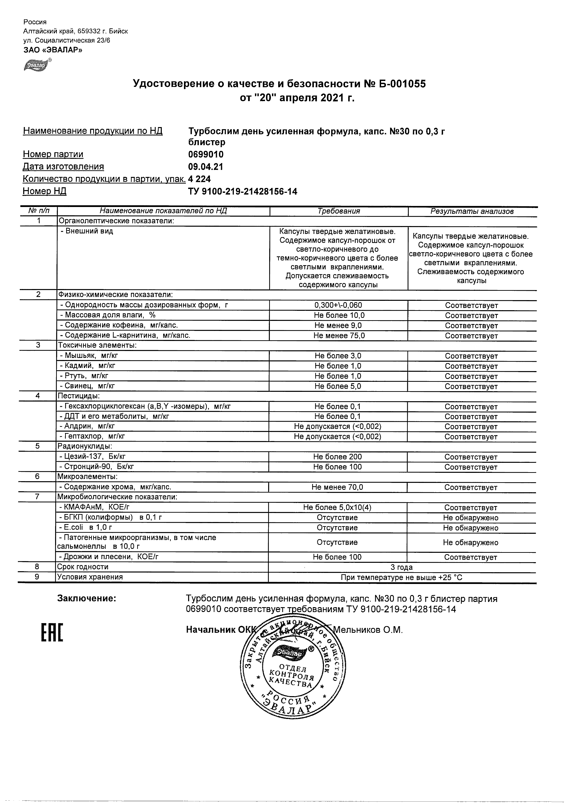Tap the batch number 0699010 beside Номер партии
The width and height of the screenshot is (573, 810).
click(x=206, y=154)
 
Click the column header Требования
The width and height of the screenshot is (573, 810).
click(x=338, y=211)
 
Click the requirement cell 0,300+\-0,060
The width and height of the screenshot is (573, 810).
click(x=338, y=305)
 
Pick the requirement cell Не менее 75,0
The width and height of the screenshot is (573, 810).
click(x=338, y=335)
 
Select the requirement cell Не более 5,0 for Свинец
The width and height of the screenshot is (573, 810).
click(x=338, y=386)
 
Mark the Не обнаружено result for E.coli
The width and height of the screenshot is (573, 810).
click(x=470, y=528)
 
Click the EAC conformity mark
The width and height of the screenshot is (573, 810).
click(x=52, y=632)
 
